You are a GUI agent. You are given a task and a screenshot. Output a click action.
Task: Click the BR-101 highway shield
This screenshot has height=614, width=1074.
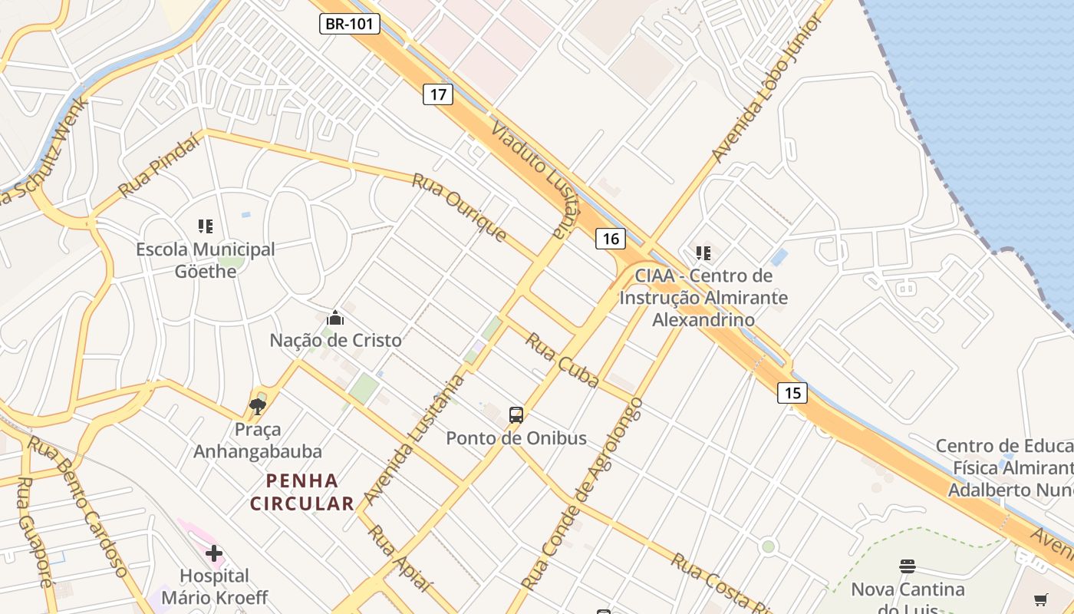click(350, 24)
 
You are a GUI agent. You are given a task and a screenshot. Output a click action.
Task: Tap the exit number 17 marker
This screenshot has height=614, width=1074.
click(437, 94)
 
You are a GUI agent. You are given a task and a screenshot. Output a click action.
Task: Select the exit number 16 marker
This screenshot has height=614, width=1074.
click(611, 239)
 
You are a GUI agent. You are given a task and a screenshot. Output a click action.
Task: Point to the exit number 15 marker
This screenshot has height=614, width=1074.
click(792, 393)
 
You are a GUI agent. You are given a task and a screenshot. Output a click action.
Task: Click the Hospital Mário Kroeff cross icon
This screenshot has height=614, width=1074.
click(214, 553)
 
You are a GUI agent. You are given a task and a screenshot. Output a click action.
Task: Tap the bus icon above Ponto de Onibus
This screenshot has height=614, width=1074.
click(516, 415)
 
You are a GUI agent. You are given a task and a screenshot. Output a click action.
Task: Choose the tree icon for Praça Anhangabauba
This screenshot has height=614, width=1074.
click(258, 406)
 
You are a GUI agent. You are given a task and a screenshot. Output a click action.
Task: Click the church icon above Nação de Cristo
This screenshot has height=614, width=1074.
click(335, 317)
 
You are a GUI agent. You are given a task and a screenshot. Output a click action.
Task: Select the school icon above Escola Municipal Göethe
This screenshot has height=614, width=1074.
click(205, 226)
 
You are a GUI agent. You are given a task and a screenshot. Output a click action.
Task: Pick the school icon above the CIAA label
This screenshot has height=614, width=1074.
click(703, 253)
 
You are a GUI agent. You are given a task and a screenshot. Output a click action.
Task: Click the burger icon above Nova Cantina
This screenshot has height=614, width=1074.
click(908, 566)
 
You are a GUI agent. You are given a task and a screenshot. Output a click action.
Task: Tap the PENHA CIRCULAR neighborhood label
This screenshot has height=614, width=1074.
click(302, 492)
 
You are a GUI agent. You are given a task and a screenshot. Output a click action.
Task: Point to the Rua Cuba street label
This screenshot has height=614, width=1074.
click(562, 360)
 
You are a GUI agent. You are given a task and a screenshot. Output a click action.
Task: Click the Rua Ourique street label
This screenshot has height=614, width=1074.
click(460, 207)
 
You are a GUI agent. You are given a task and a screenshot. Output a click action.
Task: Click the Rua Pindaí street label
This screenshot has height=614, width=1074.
click(160, 165)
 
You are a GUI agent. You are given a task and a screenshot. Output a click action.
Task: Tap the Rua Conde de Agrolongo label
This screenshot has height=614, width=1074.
click(584, 494)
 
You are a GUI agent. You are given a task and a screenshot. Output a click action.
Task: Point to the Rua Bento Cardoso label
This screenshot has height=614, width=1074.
click(78, 507)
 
